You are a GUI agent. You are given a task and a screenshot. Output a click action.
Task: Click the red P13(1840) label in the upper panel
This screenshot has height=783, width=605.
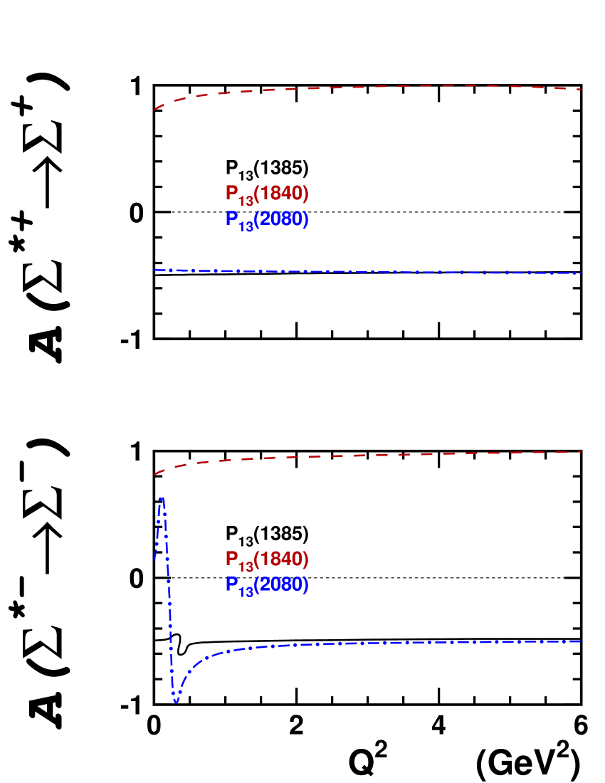(x=267, y=194)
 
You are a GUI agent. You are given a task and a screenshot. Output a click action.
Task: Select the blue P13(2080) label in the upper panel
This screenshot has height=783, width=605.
(x=267, y=220)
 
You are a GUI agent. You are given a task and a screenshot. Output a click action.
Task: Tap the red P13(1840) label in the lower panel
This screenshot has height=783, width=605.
(x=267, y=560)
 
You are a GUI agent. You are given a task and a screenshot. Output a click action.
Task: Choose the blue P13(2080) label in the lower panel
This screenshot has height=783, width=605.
(x=267, y=585)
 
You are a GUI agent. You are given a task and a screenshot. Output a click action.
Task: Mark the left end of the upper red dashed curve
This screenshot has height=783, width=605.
(x=154, y=110)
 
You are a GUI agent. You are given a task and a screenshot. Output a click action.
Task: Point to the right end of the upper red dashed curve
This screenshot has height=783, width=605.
(x=582, y=89)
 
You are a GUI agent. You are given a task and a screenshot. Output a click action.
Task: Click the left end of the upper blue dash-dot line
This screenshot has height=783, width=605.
(x=154, y=270)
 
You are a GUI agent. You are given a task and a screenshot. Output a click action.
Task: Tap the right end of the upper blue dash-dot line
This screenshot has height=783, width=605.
(x=582, y=273)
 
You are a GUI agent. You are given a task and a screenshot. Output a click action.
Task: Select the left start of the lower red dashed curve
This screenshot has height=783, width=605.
(x=154, y=473)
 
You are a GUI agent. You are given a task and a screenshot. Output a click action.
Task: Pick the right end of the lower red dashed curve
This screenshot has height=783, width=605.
(x=582, y=451)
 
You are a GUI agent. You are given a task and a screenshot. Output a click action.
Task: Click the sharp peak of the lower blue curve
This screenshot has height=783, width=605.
(x=162, y=498)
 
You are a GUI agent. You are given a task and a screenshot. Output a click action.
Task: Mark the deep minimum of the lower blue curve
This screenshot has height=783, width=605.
(x=176, y=703)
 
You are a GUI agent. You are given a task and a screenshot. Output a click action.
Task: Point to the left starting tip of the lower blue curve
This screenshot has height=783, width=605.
(x=154, y=560)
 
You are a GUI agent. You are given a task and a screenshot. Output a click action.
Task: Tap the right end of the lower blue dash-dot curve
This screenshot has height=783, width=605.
(x=581, y=641)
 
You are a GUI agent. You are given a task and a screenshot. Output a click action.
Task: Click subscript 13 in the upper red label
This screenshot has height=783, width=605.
(x=246, y=201)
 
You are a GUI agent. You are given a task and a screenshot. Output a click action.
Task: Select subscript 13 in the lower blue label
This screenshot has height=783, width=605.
(x=246, y=592)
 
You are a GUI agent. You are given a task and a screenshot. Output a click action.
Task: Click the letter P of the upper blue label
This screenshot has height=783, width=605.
(x=232, y=218)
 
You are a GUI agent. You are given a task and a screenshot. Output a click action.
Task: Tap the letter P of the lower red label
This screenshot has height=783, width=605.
(x=232, y=559)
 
